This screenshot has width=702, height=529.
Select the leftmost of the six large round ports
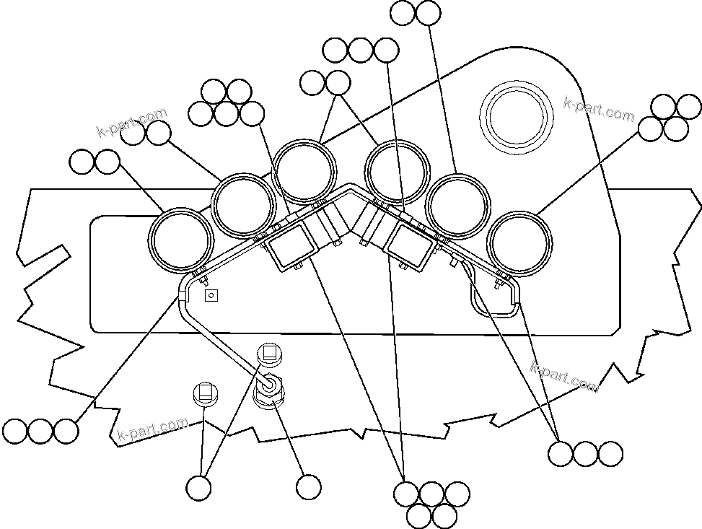[181, 241]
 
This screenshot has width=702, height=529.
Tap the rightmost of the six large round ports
[520, 243]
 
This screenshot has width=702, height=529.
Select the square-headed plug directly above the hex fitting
[270, 354]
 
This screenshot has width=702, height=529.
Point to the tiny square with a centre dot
[211, 295]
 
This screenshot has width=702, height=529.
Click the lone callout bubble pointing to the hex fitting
[309, 488]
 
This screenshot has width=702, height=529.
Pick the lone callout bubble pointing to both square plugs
[198, 488]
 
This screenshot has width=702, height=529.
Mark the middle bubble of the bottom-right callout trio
[585, 454]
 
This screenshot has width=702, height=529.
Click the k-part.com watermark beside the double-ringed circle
[598, 110]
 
